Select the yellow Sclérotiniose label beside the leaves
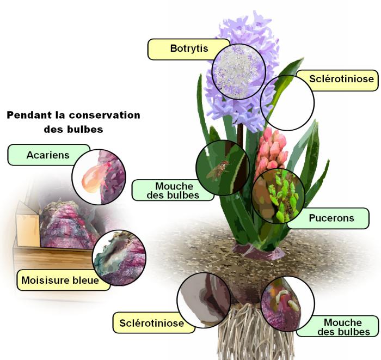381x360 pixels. [341, 80]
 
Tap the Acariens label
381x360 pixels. [48, 155]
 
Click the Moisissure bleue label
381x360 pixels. [60, 280]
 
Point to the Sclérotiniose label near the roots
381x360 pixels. [148, 322]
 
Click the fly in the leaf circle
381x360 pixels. [217, 170]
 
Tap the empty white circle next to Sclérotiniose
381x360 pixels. [287, 103]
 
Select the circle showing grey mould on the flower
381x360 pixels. [239, 71]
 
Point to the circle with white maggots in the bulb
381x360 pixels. [287, 303]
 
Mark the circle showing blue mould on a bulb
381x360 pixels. [119, 258]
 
